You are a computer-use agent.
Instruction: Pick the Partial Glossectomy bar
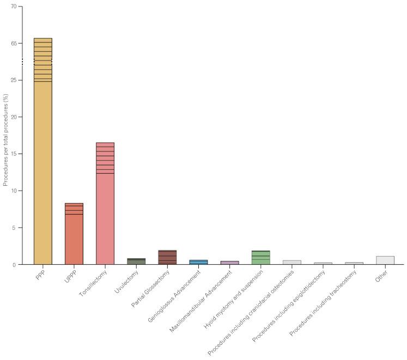pyautogui.click(x=167, y=258)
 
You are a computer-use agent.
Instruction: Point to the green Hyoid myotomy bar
pyautogui.click(x=260, y=258)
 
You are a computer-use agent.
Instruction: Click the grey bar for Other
pyautogui.click(x=385, y=260)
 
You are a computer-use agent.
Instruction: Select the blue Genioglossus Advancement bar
pyautogui.click(x=198, y=262)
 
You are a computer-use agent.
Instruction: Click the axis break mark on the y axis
pyautogui.click(x=23, y=62)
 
